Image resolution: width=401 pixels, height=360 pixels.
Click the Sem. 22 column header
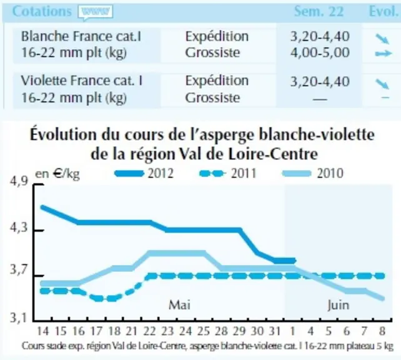click(319, 11)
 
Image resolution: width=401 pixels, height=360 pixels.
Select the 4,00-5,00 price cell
click(320, 52)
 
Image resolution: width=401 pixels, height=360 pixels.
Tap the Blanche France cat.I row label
click(81, 36)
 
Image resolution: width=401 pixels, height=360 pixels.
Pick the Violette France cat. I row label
click(82, 81)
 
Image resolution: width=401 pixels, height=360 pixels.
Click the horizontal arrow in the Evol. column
click(384, 54)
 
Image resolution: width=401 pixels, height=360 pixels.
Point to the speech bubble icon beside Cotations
click(96, 12)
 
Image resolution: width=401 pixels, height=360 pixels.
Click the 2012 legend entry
click(144, 174)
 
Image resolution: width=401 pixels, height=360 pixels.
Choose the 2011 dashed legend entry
click(227, 174)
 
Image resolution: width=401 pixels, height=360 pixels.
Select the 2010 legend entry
click(312, 174)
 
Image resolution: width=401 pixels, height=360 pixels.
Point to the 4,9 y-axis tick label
click(19, 182)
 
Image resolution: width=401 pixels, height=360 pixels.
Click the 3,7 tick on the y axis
click(19, 269)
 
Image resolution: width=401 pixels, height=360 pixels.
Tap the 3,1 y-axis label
click(19, 317)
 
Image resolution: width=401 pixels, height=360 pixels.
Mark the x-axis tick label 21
click(132, 331)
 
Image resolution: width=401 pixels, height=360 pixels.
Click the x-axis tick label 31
click(275, 331)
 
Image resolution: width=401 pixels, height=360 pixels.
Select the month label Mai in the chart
click(179, 305)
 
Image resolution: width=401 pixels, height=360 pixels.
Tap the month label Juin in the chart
click(339, 305)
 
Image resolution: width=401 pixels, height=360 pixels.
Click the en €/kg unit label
click(57, 174)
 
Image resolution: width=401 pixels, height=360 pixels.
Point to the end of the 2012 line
click(295, 261)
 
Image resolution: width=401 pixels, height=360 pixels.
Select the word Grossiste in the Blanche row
click(213, 52)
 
